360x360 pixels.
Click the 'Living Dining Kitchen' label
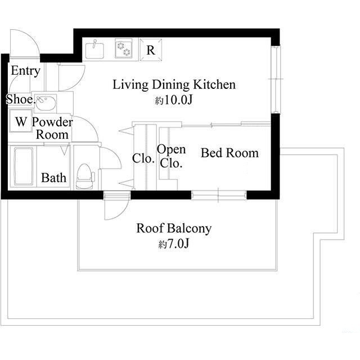point(174,85)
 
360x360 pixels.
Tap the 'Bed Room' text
point(230,153)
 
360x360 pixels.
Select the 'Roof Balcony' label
point(174,229)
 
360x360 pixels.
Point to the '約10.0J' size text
point(174,101)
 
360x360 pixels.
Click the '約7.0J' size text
point(174,245)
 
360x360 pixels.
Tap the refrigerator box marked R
point(151,49)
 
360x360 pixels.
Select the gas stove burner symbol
point(123,49)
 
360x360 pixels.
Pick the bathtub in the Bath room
point(24,166)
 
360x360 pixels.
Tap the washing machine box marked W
point(21,121)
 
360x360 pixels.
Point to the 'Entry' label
point(25,71)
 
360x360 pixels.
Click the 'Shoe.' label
point(19,100)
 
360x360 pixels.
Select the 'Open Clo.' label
point(172,156)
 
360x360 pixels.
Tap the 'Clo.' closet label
point(143,159)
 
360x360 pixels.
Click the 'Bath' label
point(54,178)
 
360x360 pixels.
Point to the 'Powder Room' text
point(52,128)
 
